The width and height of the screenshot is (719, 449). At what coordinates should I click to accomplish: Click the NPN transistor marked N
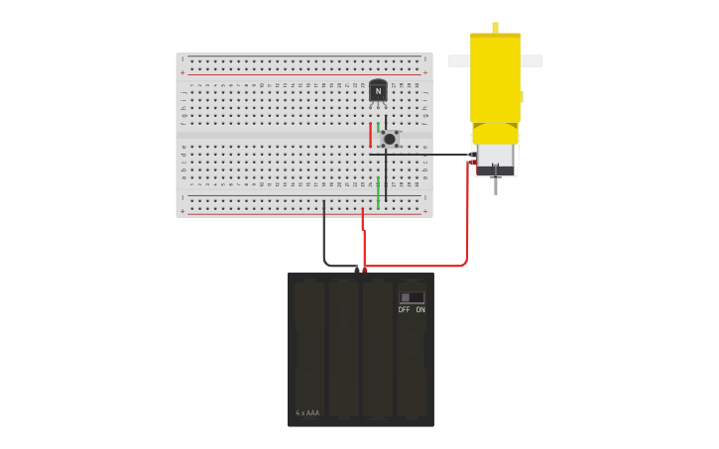(x=378, y=91)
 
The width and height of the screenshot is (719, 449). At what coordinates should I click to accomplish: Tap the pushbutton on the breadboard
(x=390, y=139)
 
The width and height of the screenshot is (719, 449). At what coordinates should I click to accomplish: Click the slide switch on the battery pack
(x=412, y=297)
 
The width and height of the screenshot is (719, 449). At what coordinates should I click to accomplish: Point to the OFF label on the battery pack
(x=404, y=310)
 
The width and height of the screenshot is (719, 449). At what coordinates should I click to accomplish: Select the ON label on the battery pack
(x=420, y=310)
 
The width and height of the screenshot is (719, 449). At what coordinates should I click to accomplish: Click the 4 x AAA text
(x=307, y=413)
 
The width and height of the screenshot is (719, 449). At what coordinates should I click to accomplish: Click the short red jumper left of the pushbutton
(x=370, y=135)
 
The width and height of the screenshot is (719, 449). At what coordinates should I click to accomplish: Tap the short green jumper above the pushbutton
(x=378, y=127)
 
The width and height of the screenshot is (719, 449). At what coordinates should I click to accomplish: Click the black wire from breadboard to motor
(x=426, y=155)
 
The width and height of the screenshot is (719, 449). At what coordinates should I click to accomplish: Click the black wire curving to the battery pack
(x=324, y=238)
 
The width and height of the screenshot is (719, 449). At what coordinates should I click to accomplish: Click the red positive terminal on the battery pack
(x=365, y=269)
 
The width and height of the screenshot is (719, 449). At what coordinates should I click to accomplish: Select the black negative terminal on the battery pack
(x=357, y=269)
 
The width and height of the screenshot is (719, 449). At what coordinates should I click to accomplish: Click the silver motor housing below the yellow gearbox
(x=495, y=156)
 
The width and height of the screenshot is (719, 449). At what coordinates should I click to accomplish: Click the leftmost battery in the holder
(x=309, y=347)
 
